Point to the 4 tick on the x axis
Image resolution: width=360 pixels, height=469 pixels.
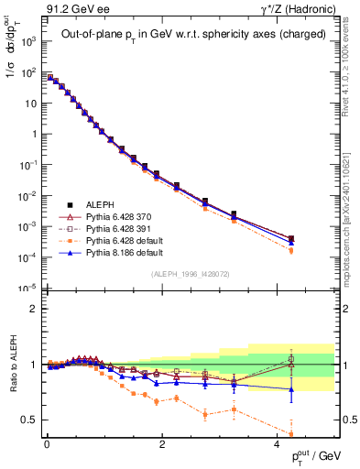coord(278,444)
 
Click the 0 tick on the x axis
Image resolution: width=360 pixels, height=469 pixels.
coord(46,444)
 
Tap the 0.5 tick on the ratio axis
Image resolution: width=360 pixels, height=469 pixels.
coord(31,420)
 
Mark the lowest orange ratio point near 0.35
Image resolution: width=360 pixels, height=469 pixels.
coord(291,434)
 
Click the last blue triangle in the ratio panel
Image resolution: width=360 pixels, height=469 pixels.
coord(291,389)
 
